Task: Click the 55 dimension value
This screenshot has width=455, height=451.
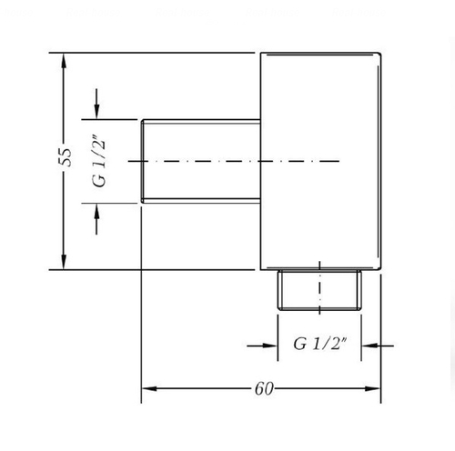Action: point(66,157)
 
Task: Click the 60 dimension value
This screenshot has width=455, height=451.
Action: point(264,388)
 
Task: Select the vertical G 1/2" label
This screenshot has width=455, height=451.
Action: point(99,163)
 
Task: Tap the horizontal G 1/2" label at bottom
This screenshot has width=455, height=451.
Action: point(319,344)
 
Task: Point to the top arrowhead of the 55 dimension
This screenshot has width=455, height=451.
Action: point(64,61)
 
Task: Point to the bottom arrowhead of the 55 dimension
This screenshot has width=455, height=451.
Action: point(64,262)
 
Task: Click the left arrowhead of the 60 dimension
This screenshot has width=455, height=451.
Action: point(149,388)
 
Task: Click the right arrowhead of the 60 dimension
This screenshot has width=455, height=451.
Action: point(373,388)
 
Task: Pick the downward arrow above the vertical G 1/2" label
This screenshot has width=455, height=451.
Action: point(96,104)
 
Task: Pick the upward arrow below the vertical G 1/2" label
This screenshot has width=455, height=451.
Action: point(96,219)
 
